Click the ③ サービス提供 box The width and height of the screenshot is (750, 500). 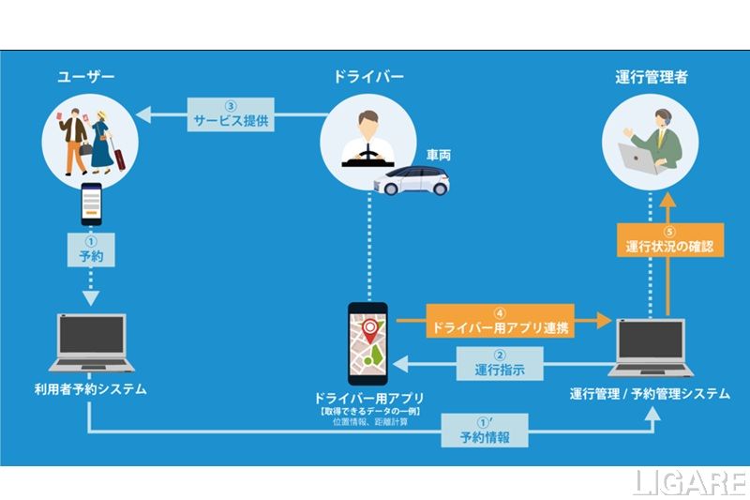[x=232, y=114]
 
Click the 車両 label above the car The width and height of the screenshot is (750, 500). [x=438, y=152]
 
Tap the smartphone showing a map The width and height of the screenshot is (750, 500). [x=367, y=341]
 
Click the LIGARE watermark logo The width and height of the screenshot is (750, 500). [x=689, y=480]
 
